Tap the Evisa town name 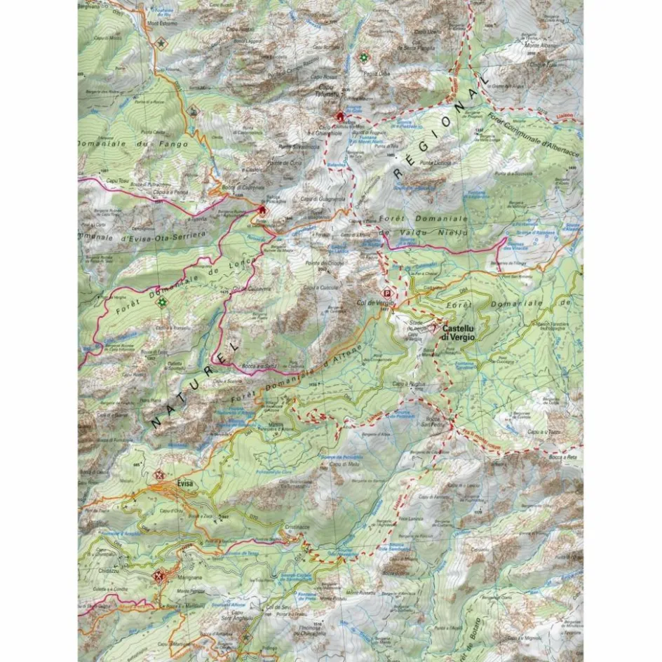[x=185, y=483]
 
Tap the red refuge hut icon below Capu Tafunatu [x=341, y=116]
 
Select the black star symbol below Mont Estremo [x=163, y=43]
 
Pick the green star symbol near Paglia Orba [x=363, y=58]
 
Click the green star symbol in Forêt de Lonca [x=162, y=302]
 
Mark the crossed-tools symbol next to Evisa [x=159, y=474]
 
